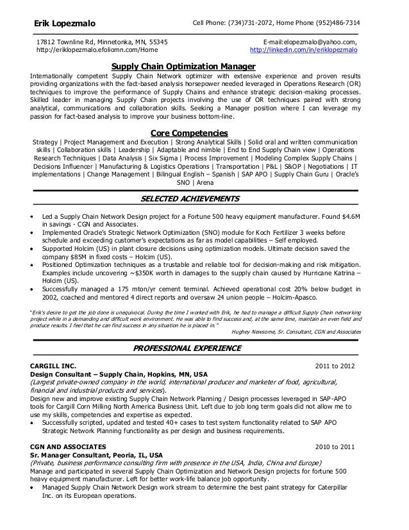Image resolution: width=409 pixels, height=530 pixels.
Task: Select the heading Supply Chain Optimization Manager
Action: click(x=183, y=66)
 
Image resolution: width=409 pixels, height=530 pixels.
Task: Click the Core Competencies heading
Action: click(x=193, y=132)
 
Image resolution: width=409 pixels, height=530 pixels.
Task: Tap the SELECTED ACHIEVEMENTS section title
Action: click(x=189, y=198)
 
